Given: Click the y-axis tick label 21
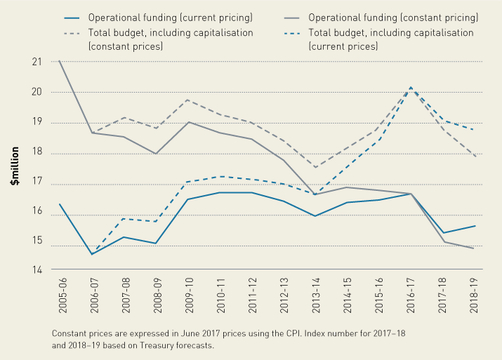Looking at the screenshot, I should [x=36, y=62].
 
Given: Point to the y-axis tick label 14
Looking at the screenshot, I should [x=36, y=269].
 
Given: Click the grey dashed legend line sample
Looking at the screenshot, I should [x=72, y=32].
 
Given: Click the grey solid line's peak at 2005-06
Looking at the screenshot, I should [x=60, y=61].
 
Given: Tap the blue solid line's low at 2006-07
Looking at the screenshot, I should [x=92, y=254].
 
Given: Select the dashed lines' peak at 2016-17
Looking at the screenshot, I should [x=411, y=88].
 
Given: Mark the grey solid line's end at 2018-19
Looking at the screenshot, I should [x=475, y=248].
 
